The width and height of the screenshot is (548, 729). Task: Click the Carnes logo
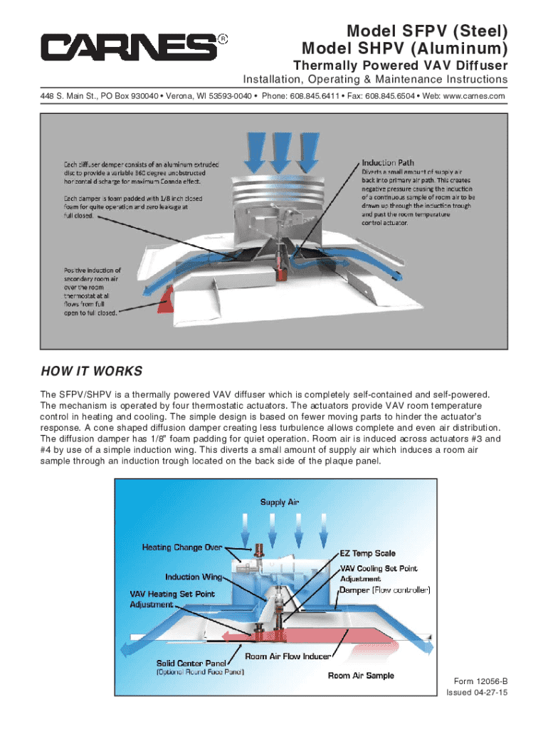(129, 48)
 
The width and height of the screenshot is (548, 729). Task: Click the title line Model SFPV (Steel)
(427, 31)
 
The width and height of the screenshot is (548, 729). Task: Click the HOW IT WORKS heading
(92, 372)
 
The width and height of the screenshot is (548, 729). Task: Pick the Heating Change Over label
(182, 547)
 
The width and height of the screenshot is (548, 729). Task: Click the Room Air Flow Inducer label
(288, 656)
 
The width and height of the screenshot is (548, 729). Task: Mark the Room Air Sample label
(361, 675)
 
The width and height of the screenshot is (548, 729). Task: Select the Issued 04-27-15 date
(477, 693)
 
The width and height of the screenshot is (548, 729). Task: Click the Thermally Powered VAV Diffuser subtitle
(401, 65)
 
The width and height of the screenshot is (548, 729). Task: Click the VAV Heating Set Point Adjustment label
(172, 599)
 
